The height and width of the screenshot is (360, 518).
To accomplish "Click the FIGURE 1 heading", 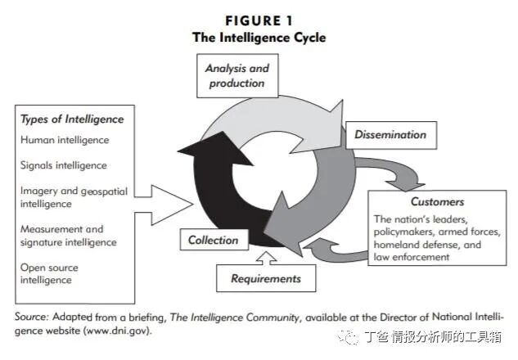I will (x=258, y=20).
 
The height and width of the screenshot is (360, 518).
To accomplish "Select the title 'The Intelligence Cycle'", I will (x=258, y=37).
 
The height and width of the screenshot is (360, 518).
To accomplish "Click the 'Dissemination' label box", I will (x=390, y=134).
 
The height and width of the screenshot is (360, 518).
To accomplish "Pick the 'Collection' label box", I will (x=213, y=240).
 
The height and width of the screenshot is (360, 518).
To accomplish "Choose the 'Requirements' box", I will (x=266, y=278).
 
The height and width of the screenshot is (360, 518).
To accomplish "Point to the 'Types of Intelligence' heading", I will (x=72, y=119).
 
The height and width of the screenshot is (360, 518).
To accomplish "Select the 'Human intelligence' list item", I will (x=65, y=140).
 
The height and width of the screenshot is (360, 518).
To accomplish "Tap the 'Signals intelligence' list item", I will (x=64, y=165).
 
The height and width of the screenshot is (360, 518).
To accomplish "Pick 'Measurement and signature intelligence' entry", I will (x=69, y=236).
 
